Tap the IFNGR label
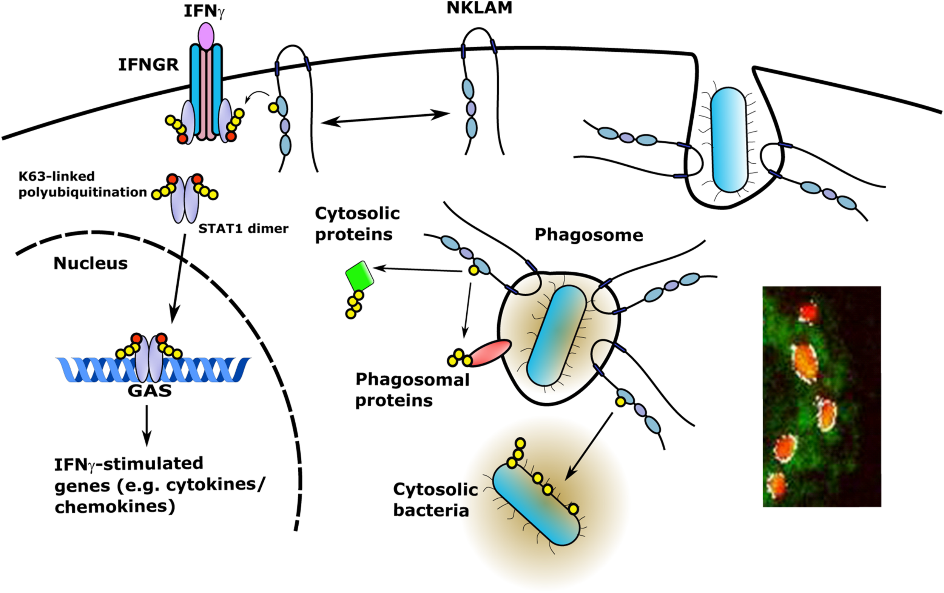click(148, 65)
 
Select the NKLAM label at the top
click(479, 8)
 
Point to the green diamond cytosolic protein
click(359, 276)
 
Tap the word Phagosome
click(588, 235)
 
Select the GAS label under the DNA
click(150, 390)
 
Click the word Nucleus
click(91, 264)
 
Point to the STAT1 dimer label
click(243, 228)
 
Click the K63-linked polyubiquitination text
click(82, 184)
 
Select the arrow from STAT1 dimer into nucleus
click(178, 278)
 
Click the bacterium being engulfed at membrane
click(729, 140)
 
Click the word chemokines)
click(114, 507)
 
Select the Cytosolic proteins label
click(357, 224)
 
